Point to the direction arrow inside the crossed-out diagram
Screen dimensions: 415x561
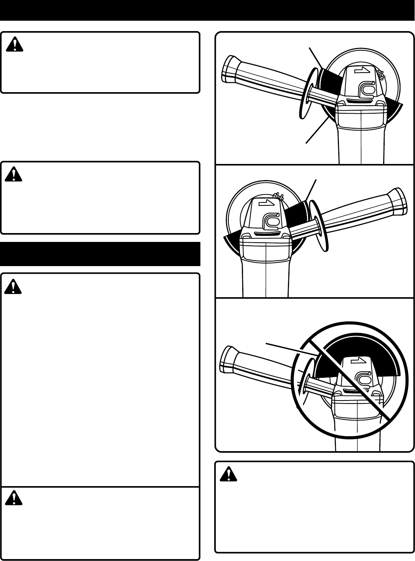361,360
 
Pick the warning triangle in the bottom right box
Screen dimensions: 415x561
229,475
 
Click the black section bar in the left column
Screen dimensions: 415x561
100,254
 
